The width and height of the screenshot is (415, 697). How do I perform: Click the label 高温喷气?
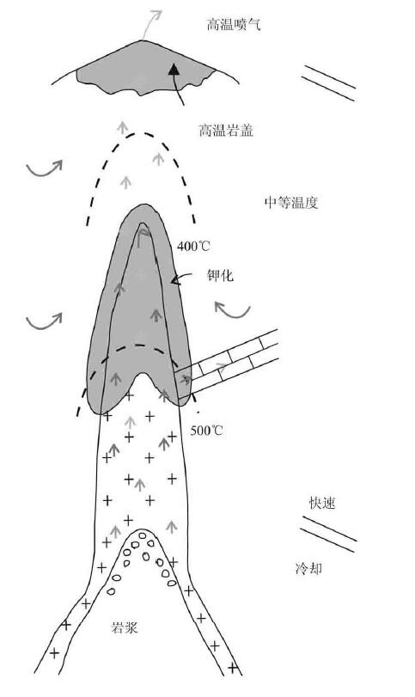(233, 24)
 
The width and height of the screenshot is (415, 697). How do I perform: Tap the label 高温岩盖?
(226, 131)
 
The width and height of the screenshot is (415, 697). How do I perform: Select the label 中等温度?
(291, 203)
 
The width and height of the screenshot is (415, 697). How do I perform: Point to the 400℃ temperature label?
(193, 246)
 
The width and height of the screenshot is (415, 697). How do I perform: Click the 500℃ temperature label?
(206, 431)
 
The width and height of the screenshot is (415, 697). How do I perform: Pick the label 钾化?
(220, 276)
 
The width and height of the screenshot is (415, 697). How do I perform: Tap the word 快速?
(321, 503)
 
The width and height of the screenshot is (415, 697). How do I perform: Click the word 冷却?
(308, 569)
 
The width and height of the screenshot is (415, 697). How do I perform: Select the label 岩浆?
(124, 627)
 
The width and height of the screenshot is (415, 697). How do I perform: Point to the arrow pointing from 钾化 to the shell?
(182, 277)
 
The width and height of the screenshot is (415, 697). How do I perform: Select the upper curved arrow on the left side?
(44, 170)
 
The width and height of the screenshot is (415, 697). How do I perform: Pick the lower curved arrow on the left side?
(44, 323)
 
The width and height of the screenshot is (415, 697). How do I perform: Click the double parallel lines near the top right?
(329, 83)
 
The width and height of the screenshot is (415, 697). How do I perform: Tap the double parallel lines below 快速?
(328, 534)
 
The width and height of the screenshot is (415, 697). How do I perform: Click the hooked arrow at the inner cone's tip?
(143, 235)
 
